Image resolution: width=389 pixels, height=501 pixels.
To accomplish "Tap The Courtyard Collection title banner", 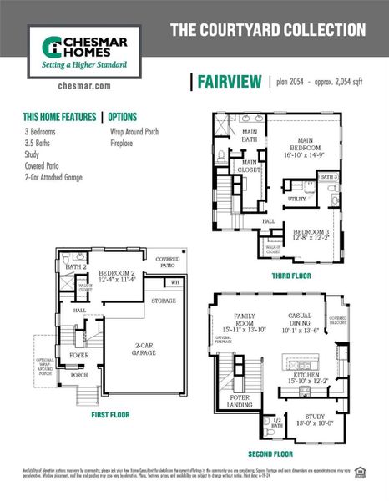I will point(267,31).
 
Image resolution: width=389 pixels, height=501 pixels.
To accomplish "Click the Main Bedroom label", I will point(305,146).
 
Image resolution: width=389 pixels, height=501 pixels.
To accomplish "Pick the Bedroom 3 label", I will point(310,234).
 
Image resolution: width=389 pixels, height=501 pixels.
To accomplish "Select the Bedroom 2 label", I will point(116,276).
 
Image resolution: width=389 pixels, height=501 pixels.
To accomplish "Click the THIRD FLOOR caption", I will point(292,275).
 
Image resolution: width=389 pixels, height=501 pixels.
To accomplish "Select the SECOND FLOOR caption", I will point(270,453).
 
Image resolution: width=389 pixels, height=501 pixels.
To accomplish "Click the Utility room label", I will point(296,200).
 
